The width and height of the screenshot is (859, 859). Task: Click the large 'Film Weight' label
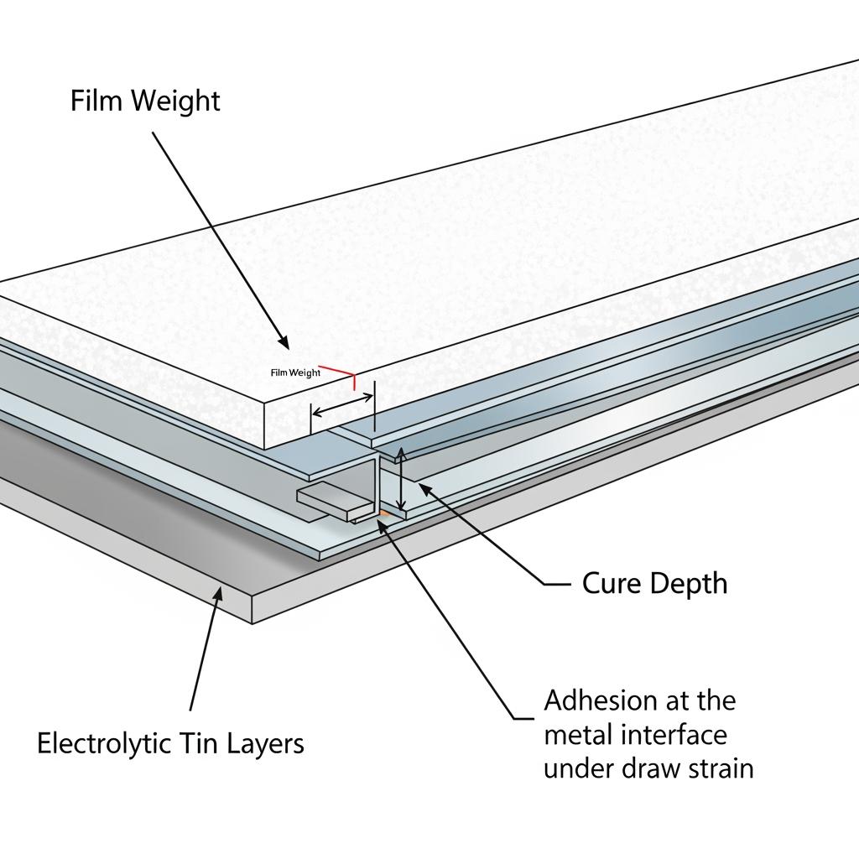pos(145,101)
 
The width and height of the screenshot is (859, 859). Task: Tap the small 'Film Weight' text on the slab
pos(295,372)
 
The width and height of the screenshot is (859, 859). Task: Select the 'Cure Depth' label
pos(654,583)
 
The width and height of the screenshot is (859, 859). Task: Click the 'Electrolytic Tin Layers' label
pos(170,743)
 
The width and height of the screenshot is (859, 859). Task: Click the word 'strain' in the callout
pos(713,768)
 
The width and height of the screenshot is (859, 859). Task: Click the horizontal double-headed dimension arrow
pos(343,407)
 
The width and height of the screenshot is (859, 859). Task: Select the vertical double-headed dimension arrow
pos(402,479)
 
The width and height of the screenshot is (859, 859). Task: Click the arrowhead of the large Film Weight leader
pos(286,344)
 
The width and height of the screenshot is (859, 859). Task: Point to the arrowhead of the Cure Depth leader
pos(422,486)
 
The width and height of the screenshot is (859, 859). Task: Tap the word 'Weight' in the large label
pos(180,101)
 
